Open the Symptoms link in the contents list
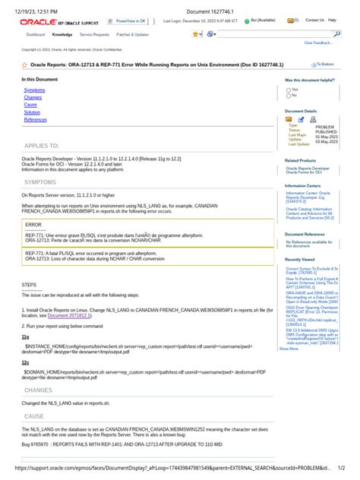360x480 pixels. pyautogui.click(x=34, y=90)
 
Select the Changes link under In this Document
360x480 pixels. pyautogui.click(x=33, y=97)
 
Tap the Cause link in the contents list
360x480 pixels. pyautogui.click(x=30, y=105)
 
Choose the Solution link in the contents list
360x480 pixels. pyautogui.click(x=32, y=112)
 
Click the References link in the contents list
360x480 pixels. pyautogui.click(x=35, y=120)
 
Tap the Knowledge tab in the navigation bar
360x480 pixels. pyautogui.click(x=62, y=35)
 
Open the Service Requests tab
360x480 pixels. pyautogui.click(x=95, y=35)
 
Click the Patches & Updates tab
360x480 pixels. pyautogui.click(x=132, y=35)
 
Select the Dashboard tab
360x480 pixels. pyautogui.click(x=36, y=35)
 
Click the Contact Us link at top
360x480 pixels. pyautogui.click(x=314, y=21)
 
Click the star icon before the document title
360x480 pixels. pyautogui.click(x=24, y=66)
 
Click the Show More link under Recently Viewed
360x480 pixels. pyautogui.click(x=289, y=349)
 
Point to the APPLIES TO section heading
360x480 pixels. pyautogui.click(x=42, y=145)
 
